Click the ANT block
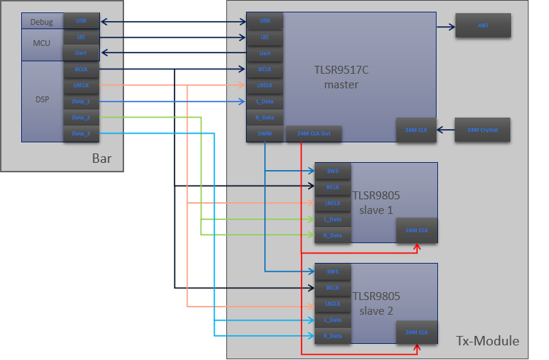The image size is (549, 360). pos(483,26)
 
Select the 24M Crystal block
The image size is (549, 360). pos(483,129)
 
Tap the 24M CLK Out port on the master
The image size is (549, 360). pos(313,134)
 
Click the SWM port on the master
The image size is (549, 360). pos(264,134)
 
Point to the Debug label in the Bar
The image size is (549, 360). pos(42,22)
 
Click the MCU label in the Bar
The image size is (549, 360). pos(42,44)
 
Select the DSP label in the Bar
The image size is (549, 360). pos(42,100)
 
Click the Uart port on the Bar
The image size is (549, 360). pos(81,53)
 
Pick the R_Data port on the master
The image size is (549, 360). pos(264,118)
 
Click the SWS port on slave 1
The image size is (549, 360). pos(333,171)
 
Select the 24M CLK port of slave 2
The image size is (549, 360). pos(416,332)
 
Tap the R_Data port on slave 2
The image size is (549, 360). pos(333,336)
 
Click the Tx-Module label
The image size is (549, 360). pos(487,341)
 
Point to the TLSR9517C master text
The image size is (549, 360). pos(342,77)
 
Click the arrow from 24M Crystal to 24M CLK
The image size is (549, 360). pos(446,129)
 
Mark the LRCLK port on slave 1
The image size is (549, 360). pos(333,203)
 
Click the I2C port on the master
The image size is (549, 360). pos(264,37)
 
